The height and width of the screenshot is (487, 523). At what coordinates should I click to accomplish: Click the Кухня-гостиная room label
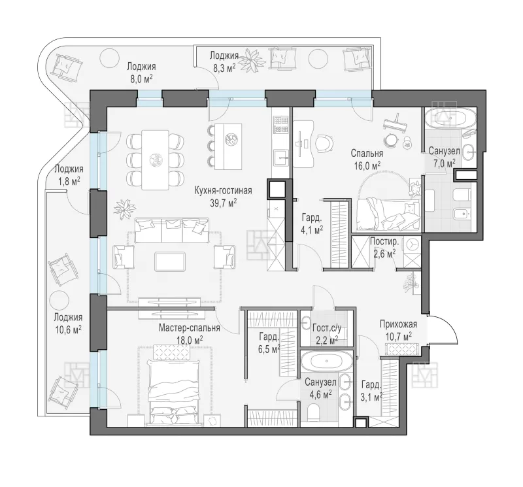click(x=223, y=190)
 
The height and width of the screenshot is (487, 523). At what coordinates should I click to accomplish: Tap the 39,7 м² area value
click(x=223, y=203)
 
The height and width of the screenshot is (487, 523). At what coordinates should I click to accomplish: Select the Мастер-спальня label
click(x=189, y=328)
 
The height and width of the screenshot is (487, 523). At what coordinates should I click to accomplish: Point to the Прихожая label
click(x=398, y=324)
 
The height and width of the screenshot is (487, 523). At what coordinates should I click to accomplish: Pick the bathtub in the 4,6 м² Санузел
click(x=326, y=361)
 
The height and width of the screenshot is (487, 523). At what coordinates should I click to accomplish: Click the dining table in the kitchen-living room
click(x=155, y=160)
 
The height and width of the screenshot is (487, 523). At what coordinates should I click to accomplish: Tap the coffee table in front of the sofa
click(x=170, y=261)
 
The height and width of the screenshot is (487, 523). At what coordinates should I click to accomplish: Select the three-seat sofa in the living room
click(x=172, y=230)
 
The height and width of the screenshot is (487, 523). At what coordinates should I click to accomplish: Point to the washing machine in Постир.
click(x=413, y=244)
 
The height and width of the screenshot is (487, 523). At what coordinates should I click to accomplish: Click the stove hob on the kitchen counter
click(x=280, y=124)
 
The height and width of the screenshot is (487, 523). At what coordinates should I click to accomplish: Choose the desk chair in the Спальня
click(x=324, y=143)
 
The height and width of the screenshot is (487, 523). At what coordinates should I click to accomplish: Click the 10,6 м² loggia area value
click(x=68, y=330)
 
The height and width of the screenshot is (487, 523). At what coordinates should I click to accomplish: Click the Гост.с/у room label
click(x=326, y=329)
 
